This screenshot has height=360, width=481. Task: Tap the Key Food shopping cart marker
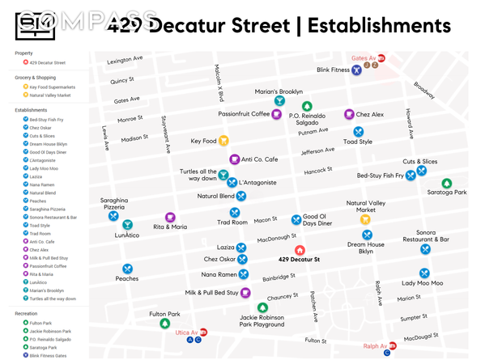click(224, 141)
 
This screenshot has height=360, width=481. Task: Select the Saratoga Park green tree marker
click(447, 184)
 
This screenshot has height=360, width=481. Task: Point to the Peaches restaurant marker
click(127, 269)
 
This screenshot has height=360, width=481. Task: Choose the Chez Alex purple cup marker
click(349, 115)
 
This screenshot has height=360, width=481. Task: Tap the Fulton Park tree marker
click(165, 323)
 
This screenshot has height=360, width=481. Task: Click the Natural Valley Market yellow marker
click(365, 219)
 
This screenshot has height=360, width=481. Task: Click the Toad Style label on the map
click(357, 142)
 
